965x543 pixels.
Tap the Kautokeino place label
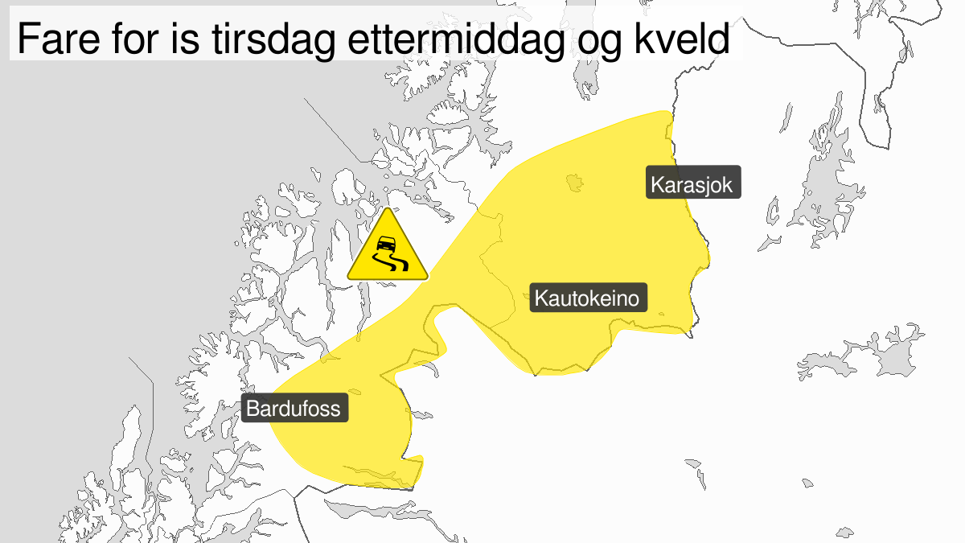pyautogui.click(x=588, y=300)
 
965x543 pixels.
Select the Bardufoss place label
pyautogui.click(x=294, y=409)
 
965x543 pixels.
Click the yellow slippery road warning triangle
pyautogui.click(x=388, y=249)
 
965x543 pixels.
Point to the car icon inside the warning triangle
pyautogui.click(x=387, y=242)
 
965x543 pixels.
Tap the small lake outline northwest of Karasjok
pyautogui.click(x=574, y=183)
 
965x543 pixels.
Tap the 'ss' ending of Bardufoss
pyautogui.click(x=331, y=409)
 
